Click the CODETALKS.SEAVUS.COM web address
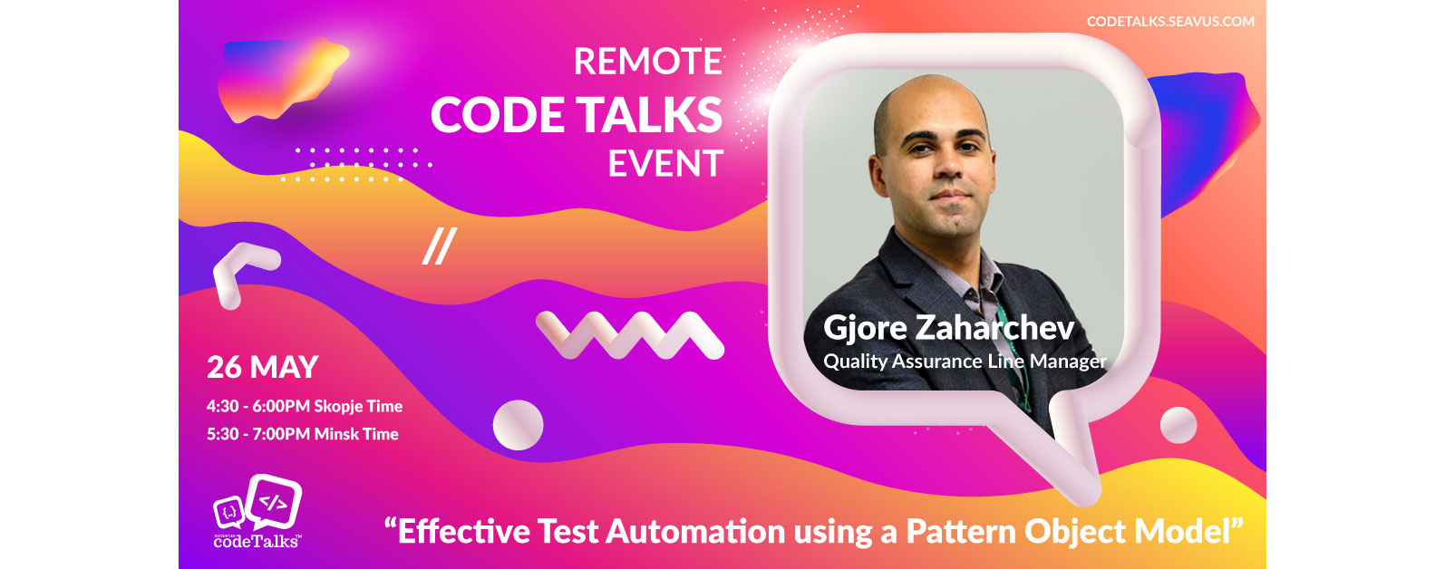tap(1170, 21)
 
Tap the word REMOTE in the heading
tap(648, 62)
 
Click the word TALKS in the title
tap(649, 115)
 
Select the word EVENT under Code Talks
tap(665, 164)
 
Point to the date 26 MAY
tap(263, 367)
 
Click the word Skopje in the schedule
tap(338, 407)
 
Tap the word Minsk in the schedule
tap(336, 434)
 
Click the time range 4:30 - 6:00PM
tap(258, 407)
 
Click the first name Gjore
tap(865, 328)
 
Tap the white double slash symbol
tap(439, 246)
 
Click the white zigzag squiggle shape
tap(629, 334)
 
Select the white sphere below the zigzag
tap(518, 425)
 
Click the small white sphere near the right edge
tap(1178, 425)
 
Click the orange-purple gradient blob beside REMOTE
tap(281, 77)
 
